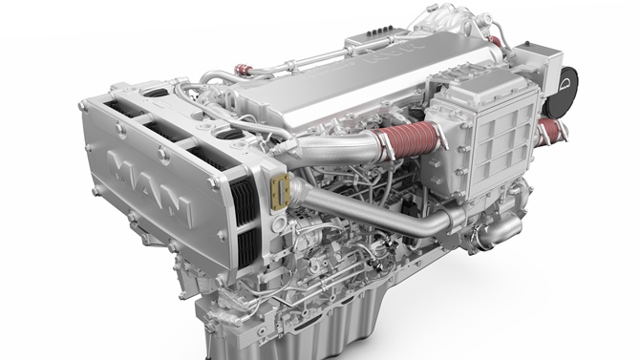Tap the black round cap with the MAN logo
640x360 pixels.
pyautogui.click(x=563, y=93)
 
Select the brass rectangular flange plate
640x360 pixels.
pyautogui.click(x=281, y=190)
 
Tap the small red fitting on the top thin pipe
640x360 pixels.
pyautogui.click(x=244, y=70)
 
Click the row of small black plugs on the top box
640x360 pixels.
pyautogui.click(x=379, y=31)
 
